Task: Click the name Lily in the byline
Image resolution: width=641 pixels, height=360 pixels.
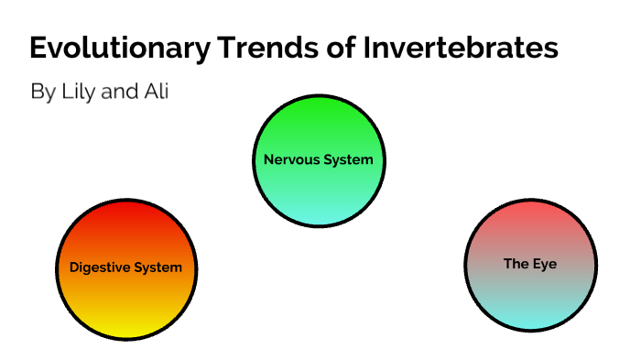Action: [x=78, y=93]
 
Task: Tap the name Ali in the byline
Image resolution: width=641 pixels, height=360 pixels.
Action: [x=157, y=93]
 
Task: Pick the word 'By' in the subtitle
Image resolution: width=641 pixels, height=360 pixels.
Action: [x=42, y=93]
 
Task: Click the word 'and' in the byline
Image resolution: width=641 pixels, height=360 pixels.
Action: [x=118, y=93]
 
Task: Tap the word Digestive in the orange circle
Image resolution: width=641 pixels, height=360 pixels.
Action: [x=100, y=268]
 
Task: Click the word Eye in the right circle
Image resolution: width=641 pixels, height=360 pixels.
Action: [x=544, y=264]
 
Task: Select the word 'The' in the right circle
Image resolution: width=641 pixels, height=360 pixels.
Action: [x=516, y=264]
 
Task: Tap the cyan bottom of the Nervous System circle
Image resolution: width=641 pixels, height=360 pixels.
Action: [x=318, y=215]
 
